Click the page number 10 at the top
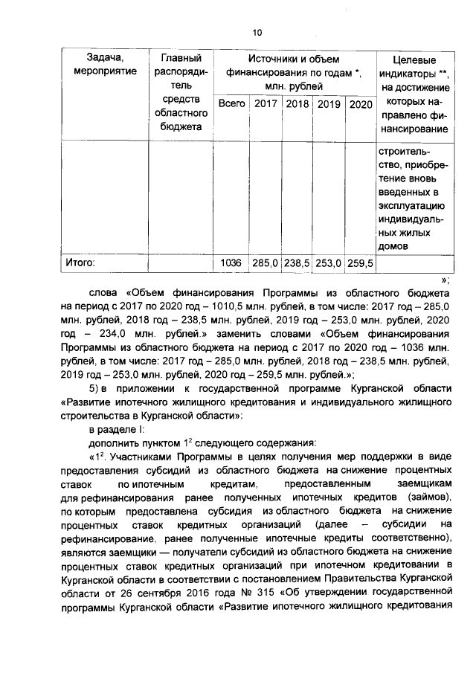(x=257, y=32)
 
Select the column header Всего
(x=233, y=104)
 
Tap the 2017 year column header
(x=266, y=104)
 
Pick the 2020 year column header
(x=361, y=104)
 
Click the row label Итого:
(x=83, y=263)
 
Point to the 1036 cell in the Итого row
(x=232, y=263)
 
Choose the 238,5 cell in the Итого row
(x=297, y=263)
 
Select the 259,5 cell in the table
(x=361, y=263)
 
